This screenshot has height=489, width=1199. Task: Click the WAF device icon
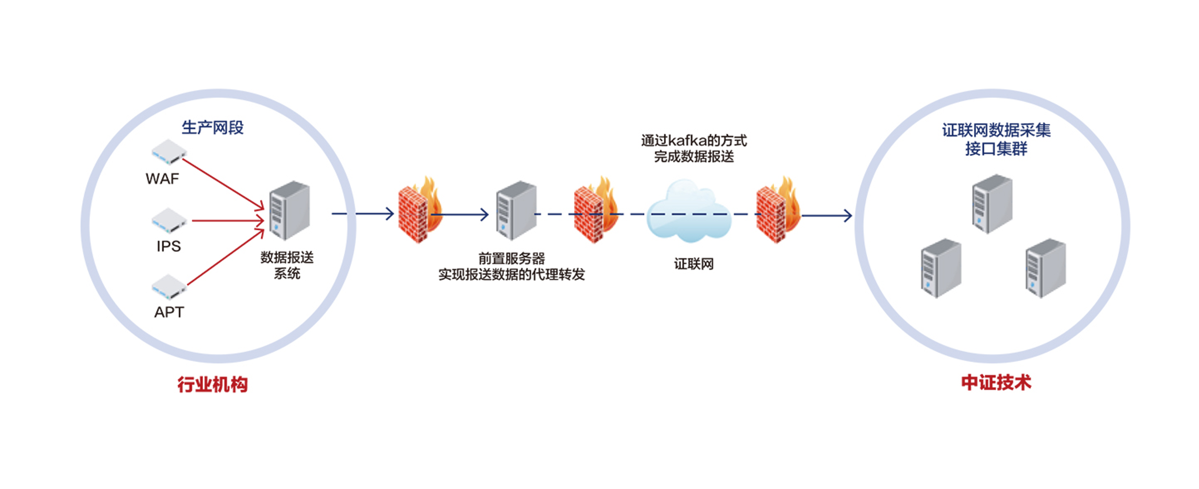click(169, 152)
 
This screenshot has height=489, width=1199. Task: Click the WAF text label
click(162, 179)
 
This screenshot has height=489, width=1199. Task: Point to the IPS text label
click(169, 246)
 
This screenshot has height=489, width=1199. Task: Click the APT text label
click(169, 312)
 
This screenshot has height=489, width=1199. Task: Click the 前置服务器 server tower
click(516, 210)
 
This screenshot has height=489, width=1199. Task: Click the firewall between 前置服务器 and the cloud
click(595, 210)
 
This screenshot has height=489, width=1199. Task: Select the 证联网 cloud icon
click(688, 212)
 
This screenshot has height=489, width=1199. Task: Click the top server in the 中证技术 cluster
click(992, 204)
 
